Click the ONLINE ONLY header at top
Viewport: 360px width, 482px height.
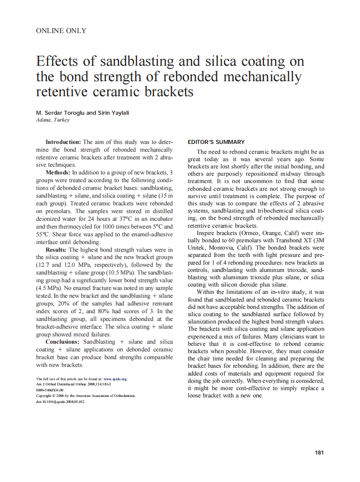[x=61, y=31]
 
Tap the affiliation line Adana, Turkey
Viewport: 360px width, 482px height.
[x=52, y=120]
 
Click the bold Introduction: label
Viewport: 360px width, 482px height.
[x=63, y=142]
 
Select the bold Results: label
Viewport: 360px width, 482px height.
[x=56, y=250]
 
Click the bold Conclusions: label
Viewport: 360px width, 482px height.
[x=63, y=342]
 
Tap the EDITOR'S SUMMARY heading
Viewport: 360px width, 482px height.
[x=216, y=142]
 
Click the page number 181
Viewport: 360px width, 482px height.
[x=319, y=452]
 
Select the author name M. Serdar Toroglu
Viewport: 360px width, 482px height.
[x=60, y=113]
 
